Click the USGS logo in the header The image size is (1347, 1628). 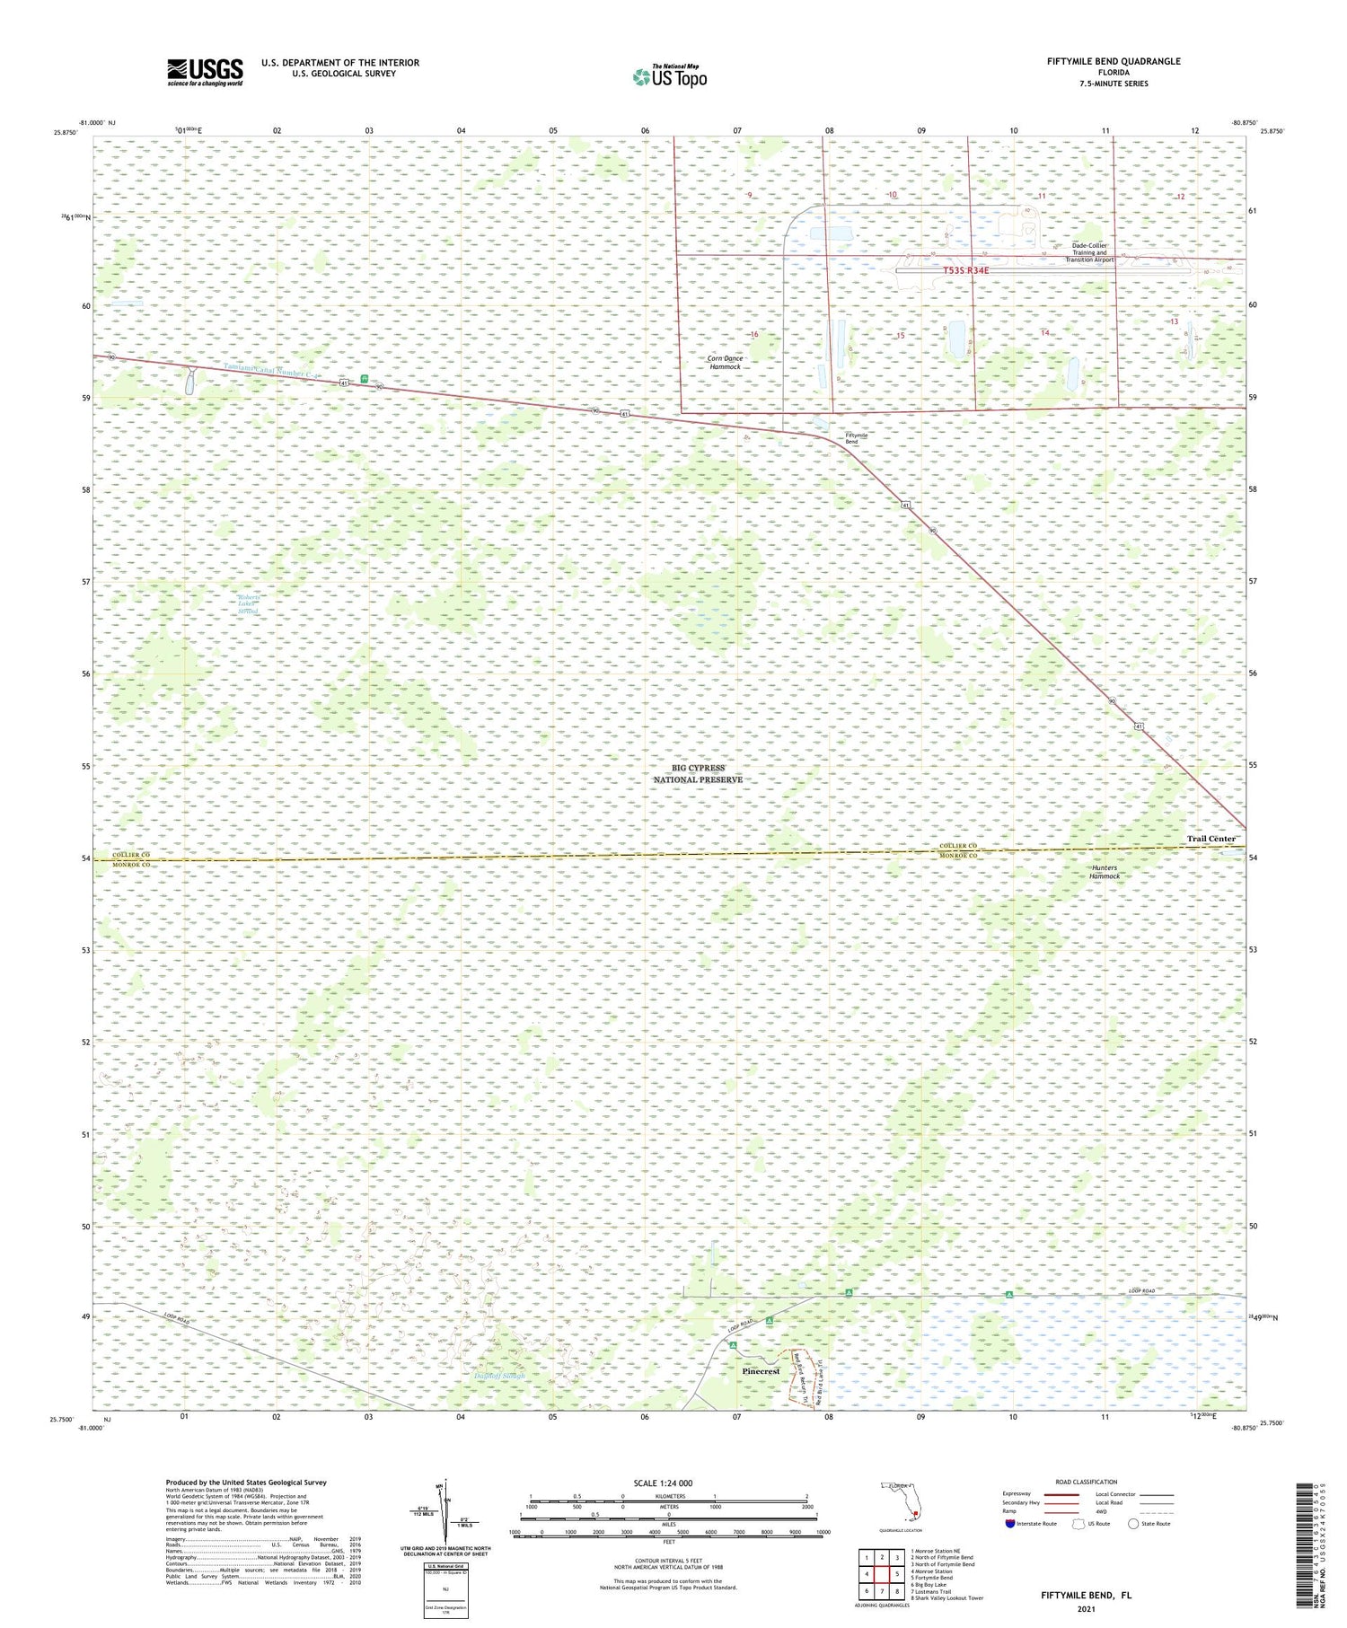[x=205, y=72]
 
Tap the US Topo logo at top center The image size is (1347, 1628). [x=670, y=77]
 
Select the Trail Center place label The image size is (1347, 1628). [x=1211, y=839]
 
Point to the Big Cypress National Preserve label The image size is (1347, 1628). [x=698, y=774]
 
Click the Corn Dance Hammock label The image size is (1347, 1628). [x=725, y=363]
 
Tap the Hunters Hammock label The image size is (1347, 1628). [x=1105, y=872]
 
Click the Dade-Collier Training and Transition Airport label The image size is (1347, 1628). [x=1089, y=252]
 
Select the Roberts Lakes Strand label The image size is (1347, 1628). [x=248, y=604]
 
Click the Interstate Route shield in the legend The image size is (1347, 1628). [x=1010, y=1524]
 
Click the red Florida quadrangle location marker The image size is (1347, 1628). [x=915, y=1516]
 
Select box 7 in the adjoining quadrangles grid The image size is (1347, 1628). [x=883, y=1591]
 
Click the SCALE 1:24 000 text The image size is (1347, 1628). [x=663, y=1483]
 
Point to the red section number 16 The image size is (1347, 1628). [x=754, y=334]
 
